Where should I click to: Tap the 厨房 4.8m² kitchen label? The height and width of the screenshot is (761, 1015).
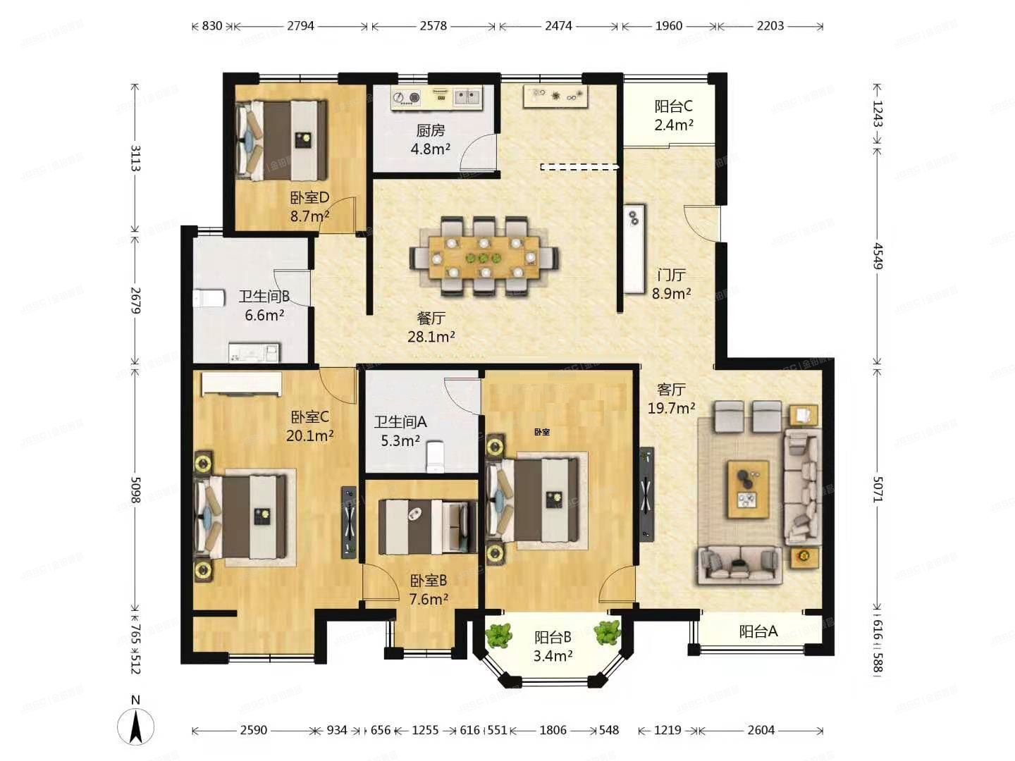coord(430,140)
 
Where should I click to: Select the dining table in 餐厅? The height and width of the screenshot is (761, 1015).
coord(484,256)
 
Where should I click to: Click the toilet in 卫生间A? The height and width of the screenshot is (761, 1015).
coord(436,457)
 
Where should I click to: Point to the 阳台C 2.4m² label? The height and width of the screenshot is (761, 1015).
coord(673,116)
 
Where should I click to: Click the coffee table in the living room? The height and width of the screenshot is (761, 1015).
coord(748,489)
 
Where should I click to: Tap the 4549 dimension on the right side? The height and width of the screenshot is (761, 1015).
coord(877,256)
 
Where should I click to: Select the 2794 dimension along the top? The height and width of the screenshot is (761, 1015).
coord(300,26)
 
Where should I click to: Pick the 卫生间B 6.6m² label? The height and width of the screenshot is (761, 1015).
coord(264,306)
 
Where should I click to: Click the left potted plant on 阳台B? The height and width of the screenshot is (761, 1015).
coord(499,635)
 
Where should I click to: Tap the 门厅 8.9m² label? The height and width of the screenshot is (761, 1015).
coord(670,284)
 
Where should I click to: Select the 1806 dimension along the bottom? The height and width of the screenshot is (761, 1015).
coord(553,730)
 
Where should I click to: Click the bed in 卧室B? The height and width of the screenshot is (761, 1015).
coord(427,526)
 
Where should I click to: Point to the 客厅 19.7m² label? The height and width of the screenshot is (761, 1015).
coord(671,398)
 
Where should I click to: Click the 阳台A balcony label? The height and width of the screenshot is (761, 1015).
coord(758,632)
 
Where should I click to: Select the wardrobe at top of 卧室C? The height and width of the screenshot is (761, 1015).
coord(242,384)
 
